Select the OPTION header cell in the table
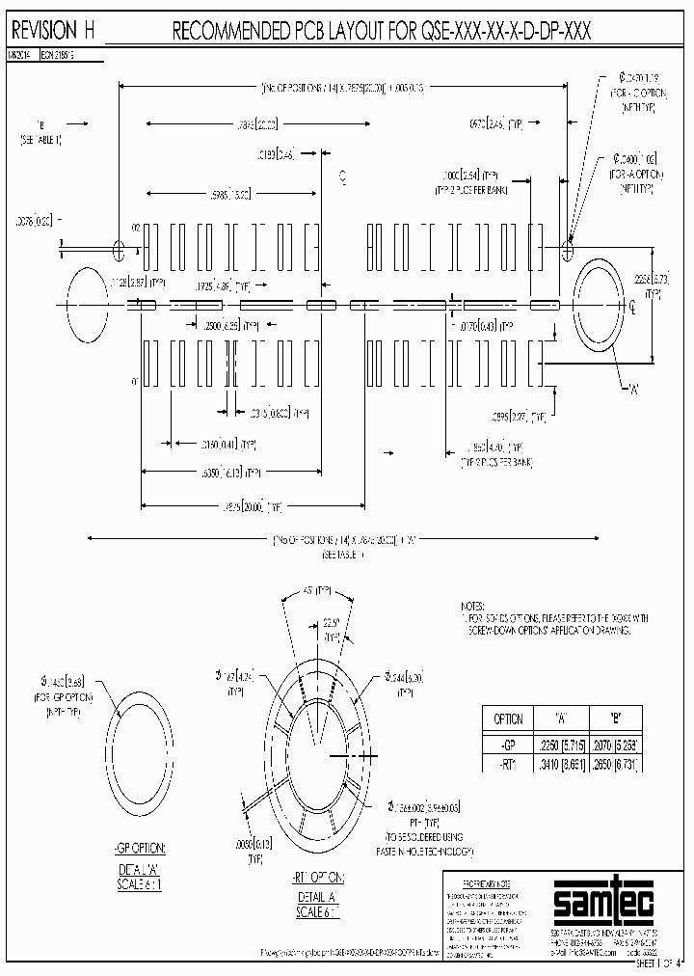click(507, 718)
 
